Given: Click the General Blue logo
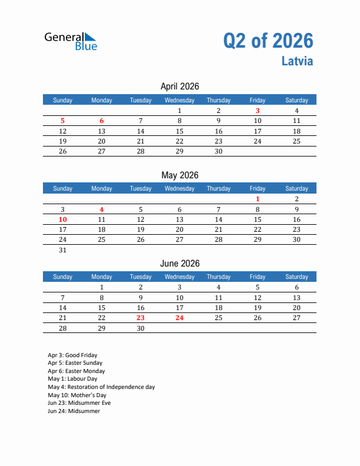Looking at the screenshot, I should point(71,41).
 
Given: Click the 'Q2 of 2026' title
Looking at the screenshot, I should point(268,41).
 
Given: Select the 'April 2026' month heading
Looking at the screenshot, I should point(179,86).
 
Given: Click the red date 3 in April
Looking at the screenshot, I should point(258,111).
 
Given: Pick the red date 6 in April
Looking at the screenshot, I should point(102,121).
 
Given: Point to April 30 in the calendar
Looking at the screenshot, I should point(218,151).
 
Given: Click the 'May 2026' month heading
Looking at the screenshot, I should point(179,175).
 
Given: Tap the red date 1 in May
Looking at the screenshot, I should point(258,199).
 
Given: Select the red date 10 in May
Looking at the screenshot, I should point(63,219).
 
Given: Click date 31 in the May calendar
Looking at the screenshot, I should point(63,250).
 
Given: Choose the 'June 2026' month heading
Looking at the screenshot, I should point(179,264).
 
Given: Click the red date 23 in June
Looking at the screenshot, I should point(141,318).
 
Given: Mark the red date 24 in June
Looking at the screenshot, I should point(179,318).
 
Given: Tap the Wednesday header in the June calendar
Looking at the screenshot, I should point(179,277).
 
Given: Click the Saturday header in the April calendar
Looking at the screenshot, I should point(296,100).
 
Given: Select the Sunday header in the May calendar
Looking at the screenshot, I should point(63,188).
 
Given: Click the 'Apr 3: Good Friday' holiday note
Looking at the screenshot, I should point(73,355).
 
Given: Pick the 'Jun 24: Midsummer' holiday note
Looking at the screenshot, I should point(74,411).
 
